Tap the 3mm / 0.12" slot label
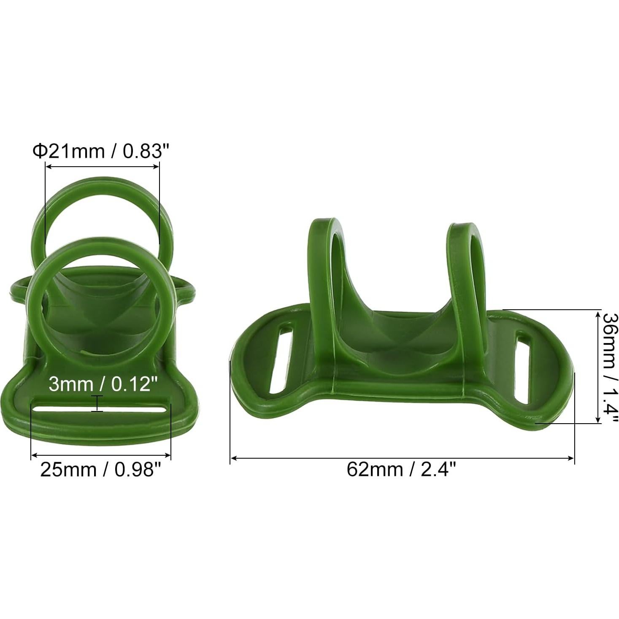[103, 384]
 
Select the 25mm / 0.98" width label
[101, 469]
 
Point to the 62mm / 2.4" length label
[401, 469]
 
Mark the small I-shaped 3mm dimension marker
[97, 403]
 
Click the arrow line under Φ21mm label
[102, 166]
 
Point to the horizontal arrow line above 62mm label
[401, 458]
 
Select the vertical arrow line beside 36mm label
[597, 366]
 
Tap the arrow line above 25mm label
[101, 455]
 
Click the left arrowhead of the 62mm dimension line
[233, 458]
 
